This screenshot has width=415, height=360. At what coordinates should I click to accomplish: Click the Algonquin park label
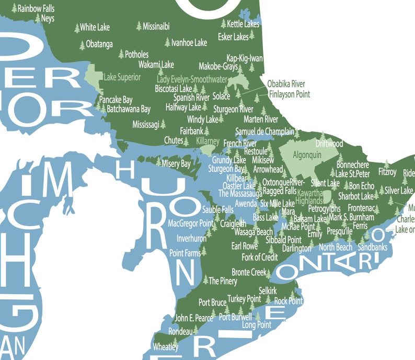click(307, 155)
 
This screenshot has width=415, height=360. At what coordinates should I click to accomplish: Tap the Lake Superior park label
click(122, 77)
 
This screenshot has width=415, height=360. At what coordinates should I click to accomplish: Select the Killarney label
click(208, 141)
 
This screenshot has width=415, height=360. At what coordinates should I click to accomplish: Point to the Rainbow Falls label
click(36, 8)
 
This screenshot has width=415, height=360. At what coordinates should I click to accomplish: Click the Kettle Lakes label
click(243, 24)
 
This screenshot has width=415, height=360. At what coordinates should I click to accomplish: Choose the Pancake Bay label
click(116, 99)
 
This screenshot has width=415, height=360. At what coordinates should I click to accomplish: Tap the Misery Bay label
click(176, 164)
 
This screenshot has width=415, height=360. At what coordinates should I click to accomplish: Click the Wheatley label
click(166, 346)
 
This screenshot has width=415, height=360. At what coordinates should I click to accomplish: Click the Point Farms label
click(185, 253)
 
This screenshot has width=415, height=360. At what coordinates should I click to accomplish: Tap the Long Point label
click(257, 325)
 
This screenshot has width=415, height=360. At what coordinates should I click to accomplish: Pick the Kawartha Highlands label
click(310, 196)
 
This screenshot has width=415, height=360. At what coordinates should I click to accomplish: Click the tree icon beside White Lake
click(77, 28)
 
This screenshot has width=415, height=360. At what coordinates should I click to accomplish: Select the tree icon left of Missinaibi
click(139, 26)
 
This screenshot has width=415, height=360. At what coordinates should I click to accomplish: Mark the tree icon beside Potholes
click(121, 54)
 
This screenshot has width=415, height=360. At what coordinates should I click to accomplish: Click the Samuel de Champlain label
click(265, 131)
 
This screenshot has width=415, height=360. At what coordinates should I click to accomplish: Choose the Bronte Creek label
click(249, 273)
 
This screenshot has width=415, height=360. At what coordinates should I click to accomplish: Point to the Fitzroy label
click(387, 172)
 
